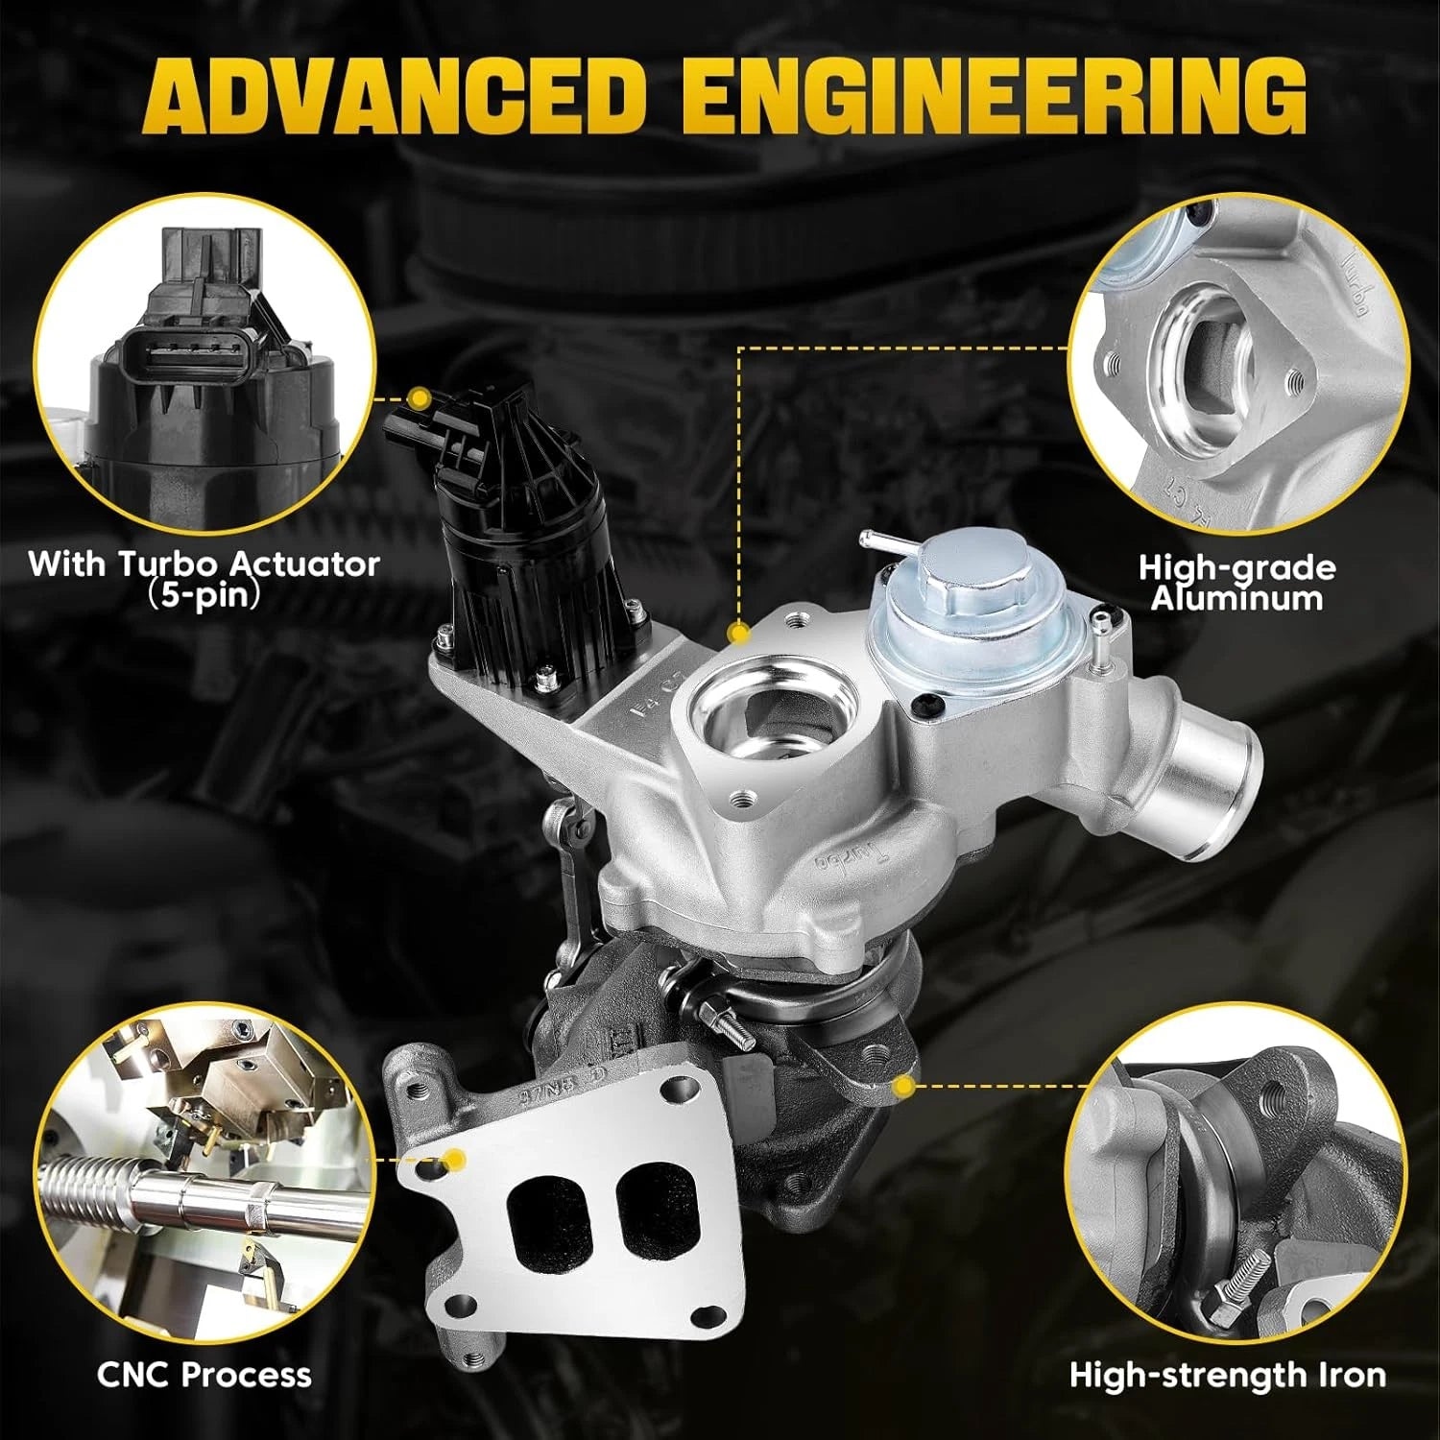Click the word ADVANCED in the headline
point(397,96)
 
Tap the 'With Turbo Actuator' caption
point(204,564)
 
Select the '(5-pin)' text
point(204,596)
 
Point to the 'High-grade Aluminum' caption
point(1236,583)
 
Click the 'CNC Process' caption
point(204,1375)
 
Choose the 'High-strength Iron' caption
point(1228,1375)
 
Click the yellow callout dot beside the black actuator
point(419,397)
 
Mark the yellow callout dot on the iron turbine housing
point(902,1087)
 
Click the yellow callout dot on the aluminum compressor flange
point(738,634)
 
